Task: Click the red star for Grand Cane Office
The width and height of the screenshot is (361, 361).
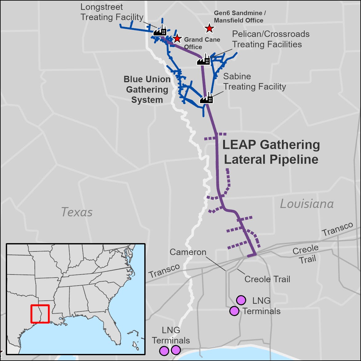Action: (177, 38)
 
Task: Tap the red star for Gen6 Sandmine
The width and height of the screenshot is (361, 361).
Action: (209, 28)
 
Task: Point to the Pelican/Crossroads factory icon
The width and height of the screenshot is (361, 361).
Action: (203, 60)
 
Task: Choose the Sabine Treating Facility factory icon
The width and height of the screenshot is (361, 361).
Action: (207, 98)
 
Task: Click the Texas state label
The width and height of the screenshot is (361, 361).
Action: (77, 212)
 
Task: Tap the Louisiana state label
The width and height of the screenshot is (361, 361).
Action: (307, 204)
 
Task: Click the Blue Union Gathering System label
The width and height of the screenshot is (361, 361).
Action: (147, 90)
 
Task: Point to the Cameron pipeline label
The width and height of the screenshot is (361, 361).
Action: (188, 252)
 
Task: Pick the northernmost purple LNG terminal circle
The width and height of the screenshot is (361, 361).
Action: (241, 300)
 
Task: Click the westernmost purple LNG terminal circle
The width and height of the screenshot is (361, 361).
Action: (164, 351)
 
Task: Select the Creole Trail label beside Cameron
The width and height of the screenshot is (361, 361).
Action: (267, 279)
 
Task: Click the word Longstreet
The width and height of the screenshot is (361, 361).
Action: (97, 7)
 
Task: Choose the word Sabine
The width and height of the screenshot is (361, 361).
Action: (237, 76)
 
